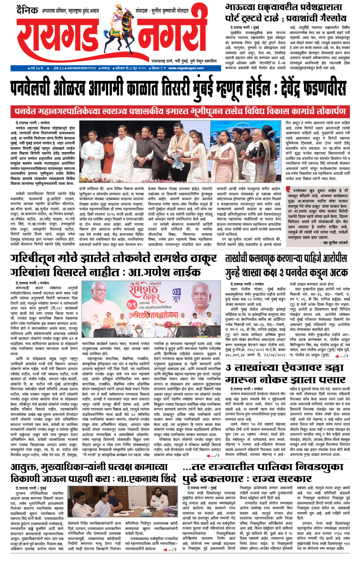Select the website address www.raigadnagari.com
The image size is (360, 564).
186,68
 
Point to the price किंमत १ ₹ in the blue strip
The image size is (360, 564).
159,68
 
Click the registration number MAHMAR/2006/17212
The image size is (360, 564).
82,68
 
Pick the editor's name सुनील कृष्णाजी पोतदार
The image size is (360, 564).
170,11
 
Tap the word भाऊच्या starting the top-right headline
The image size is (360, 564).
241,7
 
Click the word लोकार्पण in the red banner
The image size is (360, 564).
324,111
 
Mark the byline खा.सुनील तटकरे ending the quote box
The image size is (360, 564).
335,243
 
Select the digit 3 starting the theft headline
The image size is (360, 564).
229,368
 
